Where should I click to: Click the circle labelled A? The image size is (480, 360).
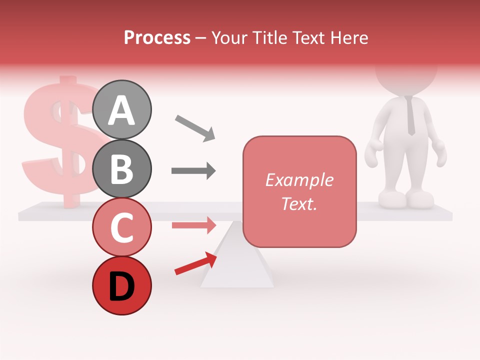point(122,109)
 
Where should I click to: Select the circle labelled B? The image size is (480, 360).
point(122,169)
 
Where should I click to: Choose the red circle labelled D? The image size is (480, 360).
point(122,285)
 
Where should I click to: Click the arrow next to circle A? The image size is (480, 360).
point(195,128)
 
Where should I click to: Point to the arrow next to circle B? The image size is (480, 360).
point(193,171)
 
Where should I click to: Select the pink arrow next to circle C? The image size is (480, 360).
point(193,225)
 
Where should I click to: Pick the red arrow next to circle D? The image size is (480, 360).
point(195,263)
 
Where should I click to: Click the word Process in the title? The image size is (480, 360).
point(157,38)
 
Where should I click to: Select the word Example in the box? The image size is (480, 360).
point(299,180)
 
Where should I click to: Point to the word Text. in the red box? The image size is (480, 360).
point(299,203)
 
